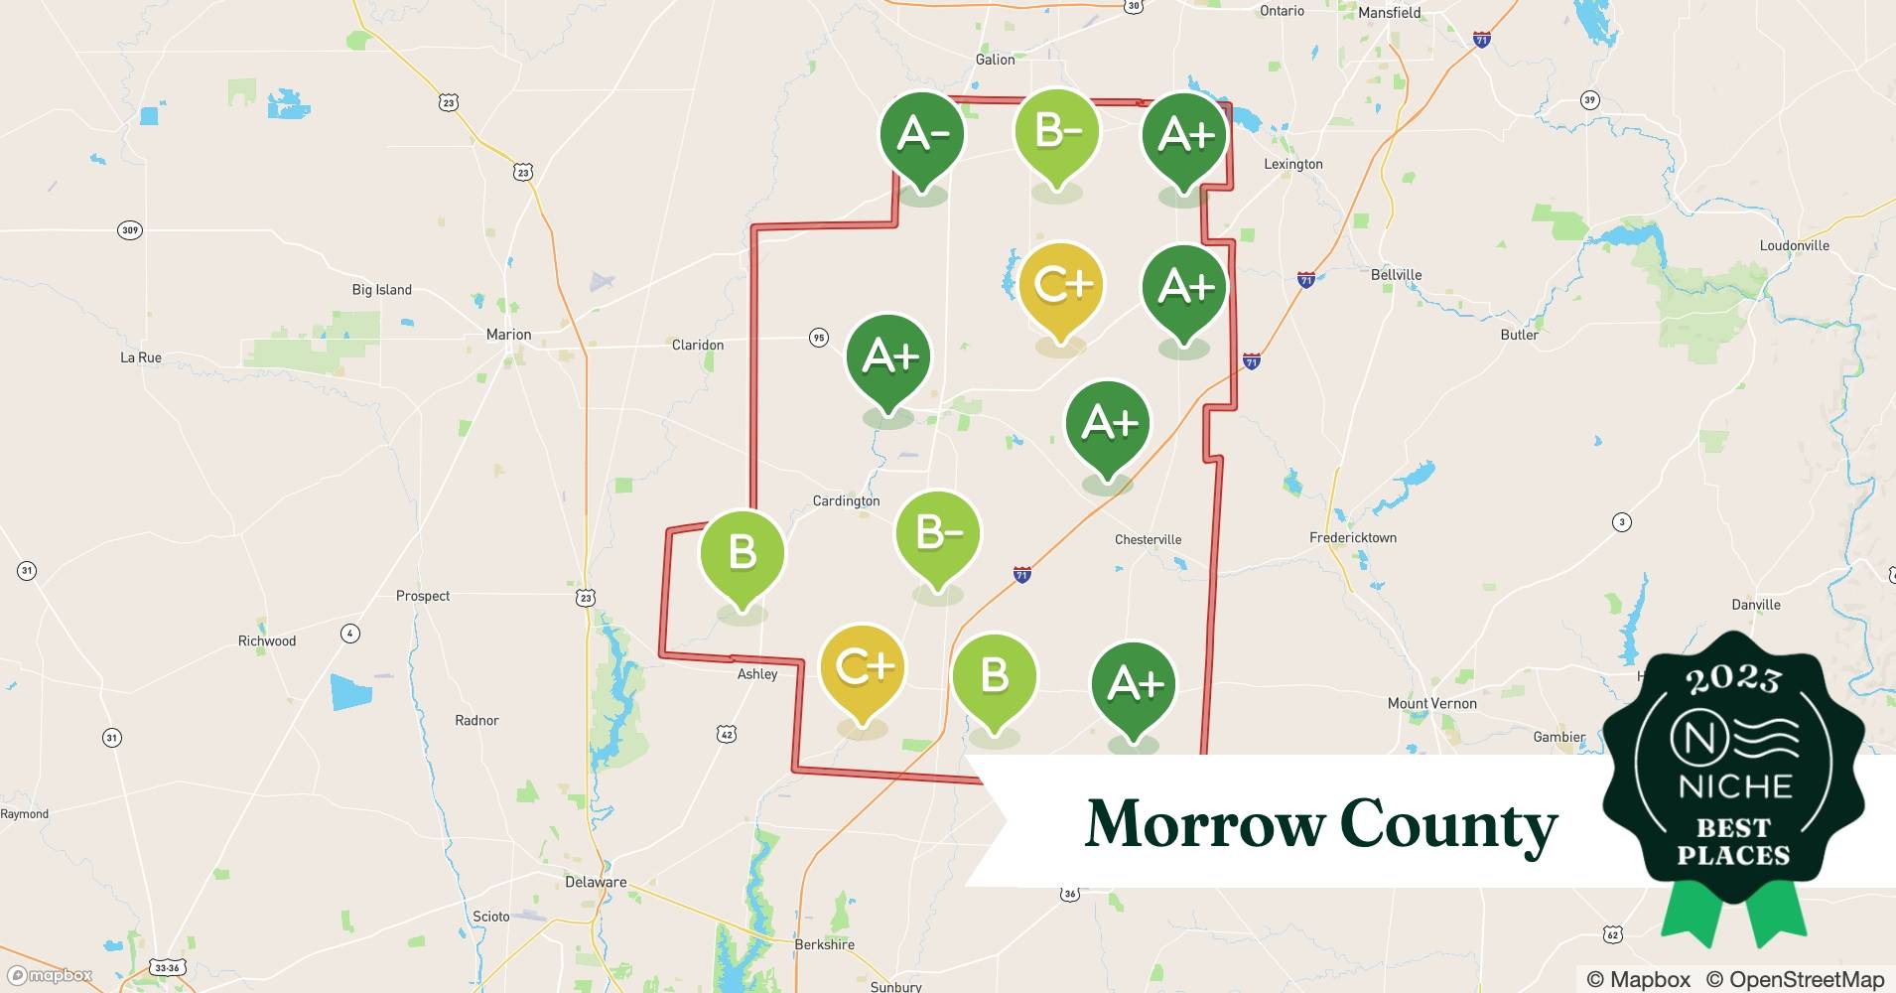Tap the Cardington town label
coord(846,500)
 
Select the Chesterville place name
coord(1148,539)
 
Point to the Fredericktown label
coord(1352,537)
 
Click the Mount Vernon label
coord(1431,703)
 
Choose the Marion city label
coord(508,335)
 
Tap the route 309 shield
coord(130,230)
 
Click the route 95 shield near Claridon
coord(818,338)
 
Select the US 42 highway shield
coord(727,734)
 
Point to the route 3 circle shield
coord(1621,521)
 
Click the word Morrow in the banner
coord(1205,824)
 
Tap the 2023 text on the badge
coord(1733,678)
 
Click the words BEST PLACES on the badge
coord(1733,841)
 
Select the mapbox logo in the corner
coord(52,975)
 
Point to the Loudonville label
coord(1794,245)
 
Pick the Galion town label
coord(995,60)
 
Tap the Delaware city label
coord(596,882)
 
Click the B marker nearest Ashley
coord(743,555)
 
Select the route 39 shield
coord(1590,99)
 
